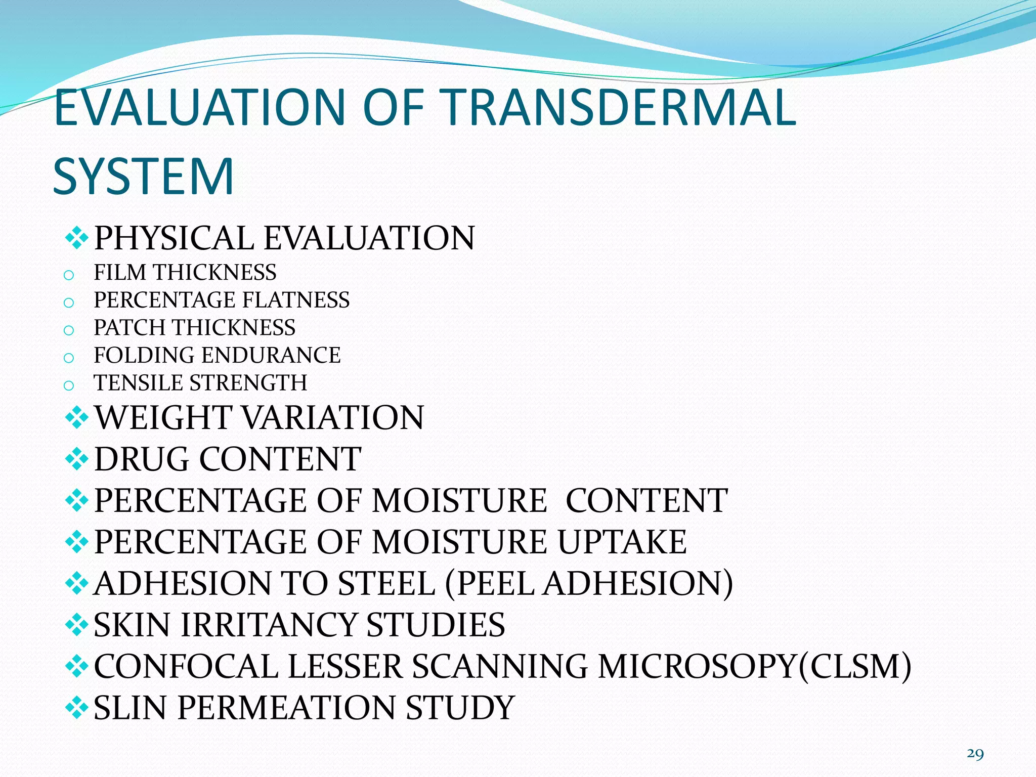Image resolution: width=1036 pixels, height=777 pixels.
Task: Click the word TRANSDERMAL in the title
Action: (620, 107)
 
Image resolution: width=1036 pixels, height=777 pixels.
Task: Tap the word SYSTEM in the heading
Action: (143, 177)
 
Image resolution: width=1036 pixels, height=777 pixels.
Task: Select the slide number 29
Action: (975, 754)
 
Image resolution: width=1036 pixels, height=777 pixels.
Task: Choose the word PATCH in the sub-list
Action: (130, 328)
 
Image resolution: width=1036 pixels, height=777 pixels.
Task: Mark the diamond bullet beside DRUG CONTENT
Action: (77, 459)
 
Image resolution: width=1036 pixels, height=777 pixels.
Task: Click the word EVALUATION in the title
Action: (199, 107)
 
